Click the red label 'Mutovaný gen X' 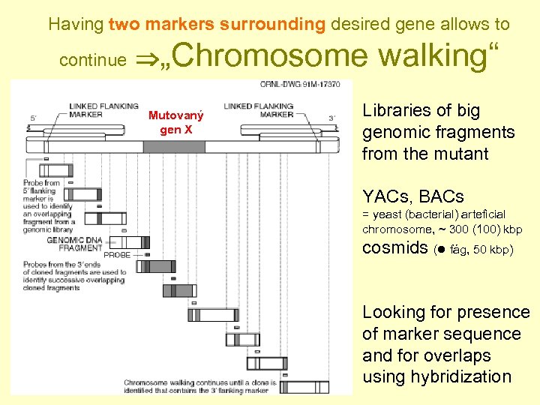pos(175,122)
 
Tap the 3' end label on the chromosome pos(332,117)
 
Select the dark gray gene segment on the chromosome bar pos(173,146)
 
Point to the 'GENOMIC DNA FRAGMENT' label pos(74,244)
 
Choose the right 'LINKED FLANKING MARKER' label pos(259,110)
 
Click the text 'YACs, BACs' pos(412,197)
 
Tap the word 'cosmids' pos(394,248)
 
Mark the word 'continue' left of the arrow pos(92,60)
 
